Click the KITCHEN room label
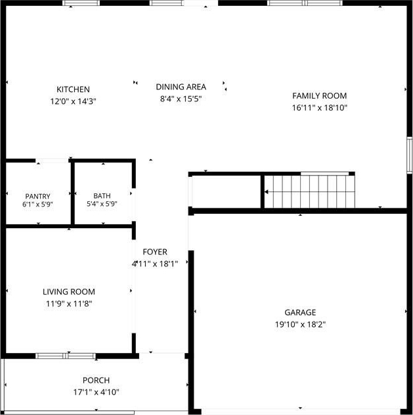pyautogui.click(x=73, y=89)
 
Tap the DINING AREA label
pyautogui.click(x=181, y=87)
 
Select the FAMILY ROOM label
pyautogui.click(x=320, y=95)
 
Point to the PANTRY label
pyautogui.click(x=37, y=196)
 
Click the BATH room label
pyautogui.click(x=102, y=195)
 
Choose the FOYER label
pyautogui.click(x=155, y=252)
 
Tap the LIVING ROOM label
pyautogui.click(x=69, y=291)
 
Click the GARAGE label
pyautogui.click(x=300, y=312)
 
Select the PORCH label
pyautogui.click(x=96, y=380)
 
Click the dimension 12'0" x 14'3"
pyautogui.click(x=73, y=101)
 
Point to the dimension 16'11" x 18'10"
pyautogui.click(x=320, y=108)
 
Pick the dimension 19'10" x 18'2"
pyautogui.click(x=300, y=324)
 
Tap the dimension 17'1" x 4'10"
pyautogui.click(x=96, y=392)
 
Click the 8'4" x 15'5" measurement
pyautogui.click(x=181, y=99)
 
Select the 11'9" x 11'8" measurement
pyautogui.click(x=69, y=304)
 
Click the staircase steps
pyautogui.click(x=309, y=191)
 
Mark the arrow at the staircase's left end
pyautogui.click(x=267, y=192)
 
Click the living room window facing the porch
pyautogui.click(x=66, y=356)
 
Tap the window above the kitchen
pyautogui.click(x=81, y=3)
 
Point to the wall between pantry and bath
pyautogui.click(x=73, y=193)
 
